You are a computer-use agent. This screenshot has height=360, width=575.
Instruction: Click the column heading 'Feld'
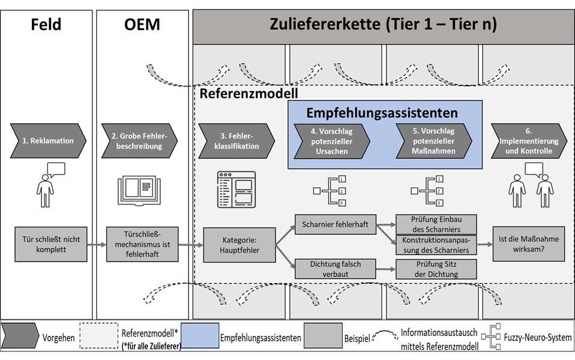[46, 25]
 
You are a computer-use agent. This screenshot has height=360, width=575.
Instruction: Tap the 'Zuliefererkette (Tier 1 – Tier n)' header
[383, 25]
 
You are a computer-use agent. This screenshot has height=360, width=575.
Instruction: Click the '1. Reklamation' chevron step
[48, 140]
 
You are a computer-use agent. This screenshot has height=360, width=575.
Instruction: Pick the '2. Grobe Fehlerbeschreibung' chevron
[140, 140]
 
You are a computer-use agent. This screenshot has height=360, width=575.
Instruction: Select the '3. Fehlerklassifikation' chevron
[236, 140]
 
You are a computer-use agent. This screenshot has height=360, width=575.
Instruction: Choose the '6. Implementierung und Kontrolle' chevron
[528, 140]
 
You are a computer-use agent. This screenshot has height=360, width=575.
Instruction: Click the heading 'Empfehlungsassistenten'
[382, 113]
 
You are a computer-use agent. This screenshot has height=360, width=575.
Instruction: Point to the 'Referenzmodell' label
[248, 94]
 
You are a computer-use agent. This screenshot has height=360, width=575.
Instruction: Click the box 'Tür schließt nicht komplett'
[50, 244]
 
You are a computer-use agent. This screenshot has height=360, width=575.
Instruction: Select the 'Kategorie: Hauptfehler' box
[239, 245]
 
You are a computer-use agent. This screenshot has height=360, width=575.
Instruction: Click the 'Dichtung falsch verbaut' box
[335, 269]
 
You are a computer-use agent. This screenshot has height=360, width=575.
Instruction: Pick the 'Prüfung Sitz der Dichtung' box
[436, 269]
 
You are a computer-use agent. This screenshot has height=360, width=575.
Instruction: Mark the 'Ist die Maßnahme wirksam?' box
[529, 244]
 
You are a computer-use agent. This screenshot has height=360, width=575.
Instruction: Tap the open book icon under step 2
[140, 190]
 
